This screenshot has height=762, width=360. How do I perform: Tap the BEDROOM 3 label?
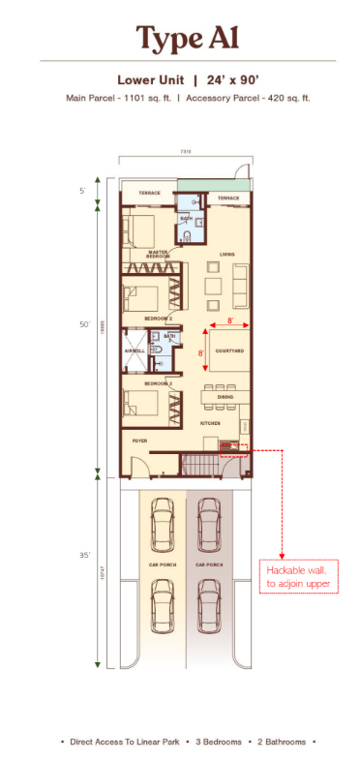[159, 384]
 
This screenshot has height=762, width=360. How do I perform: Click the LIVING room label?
[226, 255]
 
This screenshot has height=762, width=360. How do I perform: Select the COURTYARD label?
[228, 351]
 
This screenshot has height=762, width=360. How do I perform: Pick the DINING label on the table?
[225, 397]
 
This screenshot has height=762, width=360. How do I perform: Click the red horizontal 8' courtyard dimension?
[229, 319]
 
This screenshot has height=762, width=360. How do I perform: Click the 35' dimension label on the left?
[84, 556]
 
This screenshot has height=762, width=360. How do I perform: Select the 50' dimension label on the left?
[84, 324]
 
